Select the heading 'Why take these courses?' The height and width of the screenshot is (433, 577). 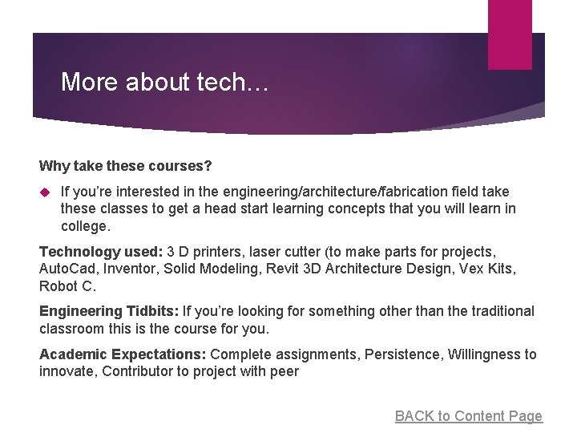click(126, 166)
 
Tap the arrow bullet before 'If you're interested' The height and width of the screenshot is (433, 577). click(45, 192)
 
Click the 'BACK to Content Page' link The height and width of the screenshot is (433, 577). click(468, 415)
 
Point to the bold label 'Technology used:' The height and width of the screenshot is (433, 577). click(101, 251)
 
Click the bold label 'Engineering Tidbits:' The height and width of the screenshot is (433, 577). click(109, 310)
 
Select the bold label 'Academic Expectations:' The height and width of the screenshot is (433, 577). click(123, 354)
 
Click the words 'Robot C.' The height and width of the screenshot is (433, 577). click(67, 285)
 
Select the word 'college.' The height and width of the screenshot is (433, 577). click(85, 227)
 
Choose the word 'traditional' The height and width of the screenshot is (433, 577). click(497, 310)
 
